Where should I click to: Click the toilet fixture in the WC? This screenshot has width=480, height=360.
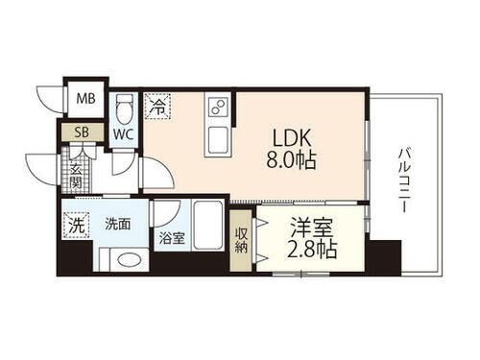click(124, 105)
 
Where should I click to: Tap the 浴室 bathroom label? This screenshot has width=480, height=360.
click(172, 236)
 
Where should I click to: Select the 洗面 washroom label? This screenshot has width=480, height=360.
click(118, 224)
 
